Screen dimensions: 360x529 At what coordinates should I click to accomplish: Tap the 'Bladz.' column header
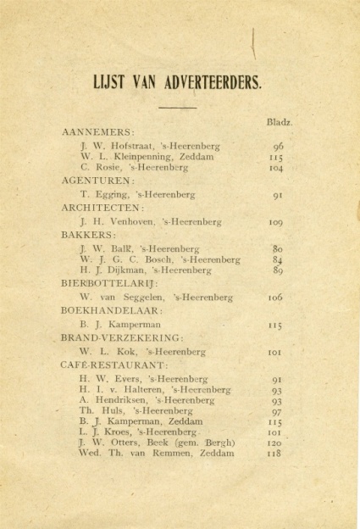pyautogui.click(x=279, y=121)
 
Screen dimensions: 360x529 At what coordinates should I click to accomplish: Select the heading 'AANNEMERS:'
pyautogui.click(x=98, y=133)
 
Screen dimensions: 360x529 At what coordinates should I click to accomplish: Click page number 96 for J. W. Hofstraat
pyautogui.click(x=277, y=146)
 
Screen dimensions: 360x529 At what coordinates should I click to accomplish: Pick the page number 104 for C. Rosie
pyautogui.click(x=277, y=169)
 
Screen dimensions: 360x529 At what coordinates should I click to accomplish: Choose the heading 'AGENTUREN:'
pyautogui.click(x=97, y=181)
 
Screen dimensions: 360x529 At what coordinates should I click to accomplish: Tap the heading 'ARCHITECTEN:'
pyautogui.click(x=102, y=207)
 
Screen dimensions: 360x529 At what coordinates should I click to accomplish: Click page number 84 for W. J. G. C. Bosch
pyautogui.click(x=277, y=259)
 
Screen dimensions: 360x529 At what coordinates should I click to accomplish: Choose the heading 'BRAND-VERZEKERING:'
pyautogui.click(x=121, y=337)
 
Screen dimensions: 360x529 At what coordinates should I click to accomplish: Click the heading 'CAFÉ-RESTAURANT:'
pyautogui.click(x=115, y=365)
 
